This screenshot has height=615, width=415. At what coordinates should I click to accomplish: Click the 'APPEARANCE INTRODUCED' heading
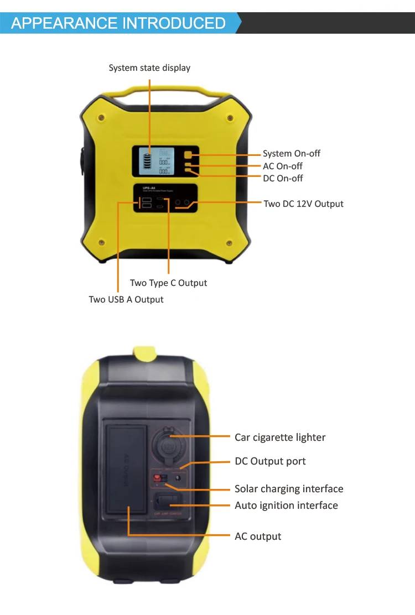point(118,23)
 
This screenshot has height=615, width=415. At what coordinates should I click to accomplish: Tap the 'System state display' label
point(149,68)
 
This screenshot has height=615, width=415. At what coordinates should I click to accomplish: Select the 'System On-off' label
point(291,154)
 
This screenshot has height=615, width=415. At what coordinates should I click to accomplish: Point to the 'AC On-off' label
point(282,166)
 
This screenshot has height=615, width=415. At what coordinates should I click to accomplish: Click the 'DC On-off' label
point(283,178)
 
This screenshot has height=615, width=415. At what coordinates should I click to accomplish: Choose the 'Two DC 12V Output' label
point(303,204)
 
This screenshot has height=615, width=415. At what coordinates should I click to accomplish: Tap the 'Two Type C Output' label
point(168,283)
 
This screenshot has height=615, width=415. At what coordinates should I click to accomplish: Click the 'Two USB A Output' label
point(126,299)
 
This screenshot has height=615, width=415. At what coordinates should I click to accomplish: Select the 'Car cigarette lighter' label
point(280,437)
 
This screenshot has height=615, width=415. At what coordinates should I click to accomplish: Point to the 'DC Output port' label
point(270,461)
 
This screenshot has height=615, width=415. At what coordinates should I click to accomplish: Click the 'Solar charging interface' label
point(289,489)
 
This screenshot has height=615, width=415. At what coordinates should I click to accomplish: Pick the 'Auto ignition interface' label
point(286,505)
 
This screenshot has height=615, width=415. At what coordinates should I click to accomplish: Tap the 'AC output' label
point(258,536)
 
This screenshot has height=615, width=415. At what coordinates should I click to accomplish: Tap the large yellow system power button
point(188,155)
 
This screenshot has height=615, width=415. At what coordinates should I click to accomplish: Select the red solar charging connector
point(157,477)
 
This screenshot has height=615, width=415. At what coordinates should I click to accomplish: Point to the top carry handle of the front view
point(166,92)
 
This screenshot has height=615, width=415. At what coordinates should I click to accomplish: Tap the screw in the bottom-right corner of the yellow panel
point(229,242)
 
